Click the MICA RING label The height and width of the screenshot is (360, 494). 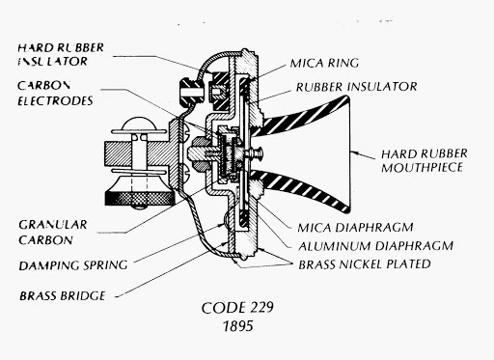coord(324,63)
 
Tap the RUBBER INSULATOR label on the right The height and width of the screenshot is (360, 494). coord(356,87)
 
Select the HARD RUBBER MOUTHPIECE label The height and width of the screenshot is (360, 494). coord(425,160)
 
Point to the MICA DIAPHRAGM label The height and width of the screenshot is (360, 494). coord(355,228)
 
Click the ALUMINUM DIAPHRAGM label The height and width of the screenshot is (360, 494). coord(375,246)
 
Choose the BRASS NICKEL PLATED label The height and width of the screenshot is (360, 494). coord(365,264)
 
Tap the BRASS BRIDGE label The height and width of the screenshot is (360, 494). coord(63,296)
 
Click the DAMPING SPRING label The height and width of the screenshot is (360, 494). coord(73,265)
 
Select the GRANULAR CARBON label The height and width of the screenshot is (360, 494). coord(53,232)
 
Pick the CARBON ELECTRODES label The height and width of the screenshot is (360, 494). coord(55,94)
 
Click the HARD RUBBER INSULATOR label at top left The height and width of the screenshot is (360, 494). coord(61,54)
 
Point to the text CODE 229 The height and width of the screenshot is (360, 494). coord(237,308)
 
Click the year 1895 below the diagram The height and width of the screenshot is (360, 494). coord(238,326)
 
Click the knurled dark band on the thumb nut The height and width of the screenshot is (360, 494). coord(139,199)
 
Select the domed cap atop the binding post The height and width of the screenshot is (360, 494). coord(139,123)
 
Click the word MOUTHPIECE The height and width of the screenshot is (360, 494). coord(422,168)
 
